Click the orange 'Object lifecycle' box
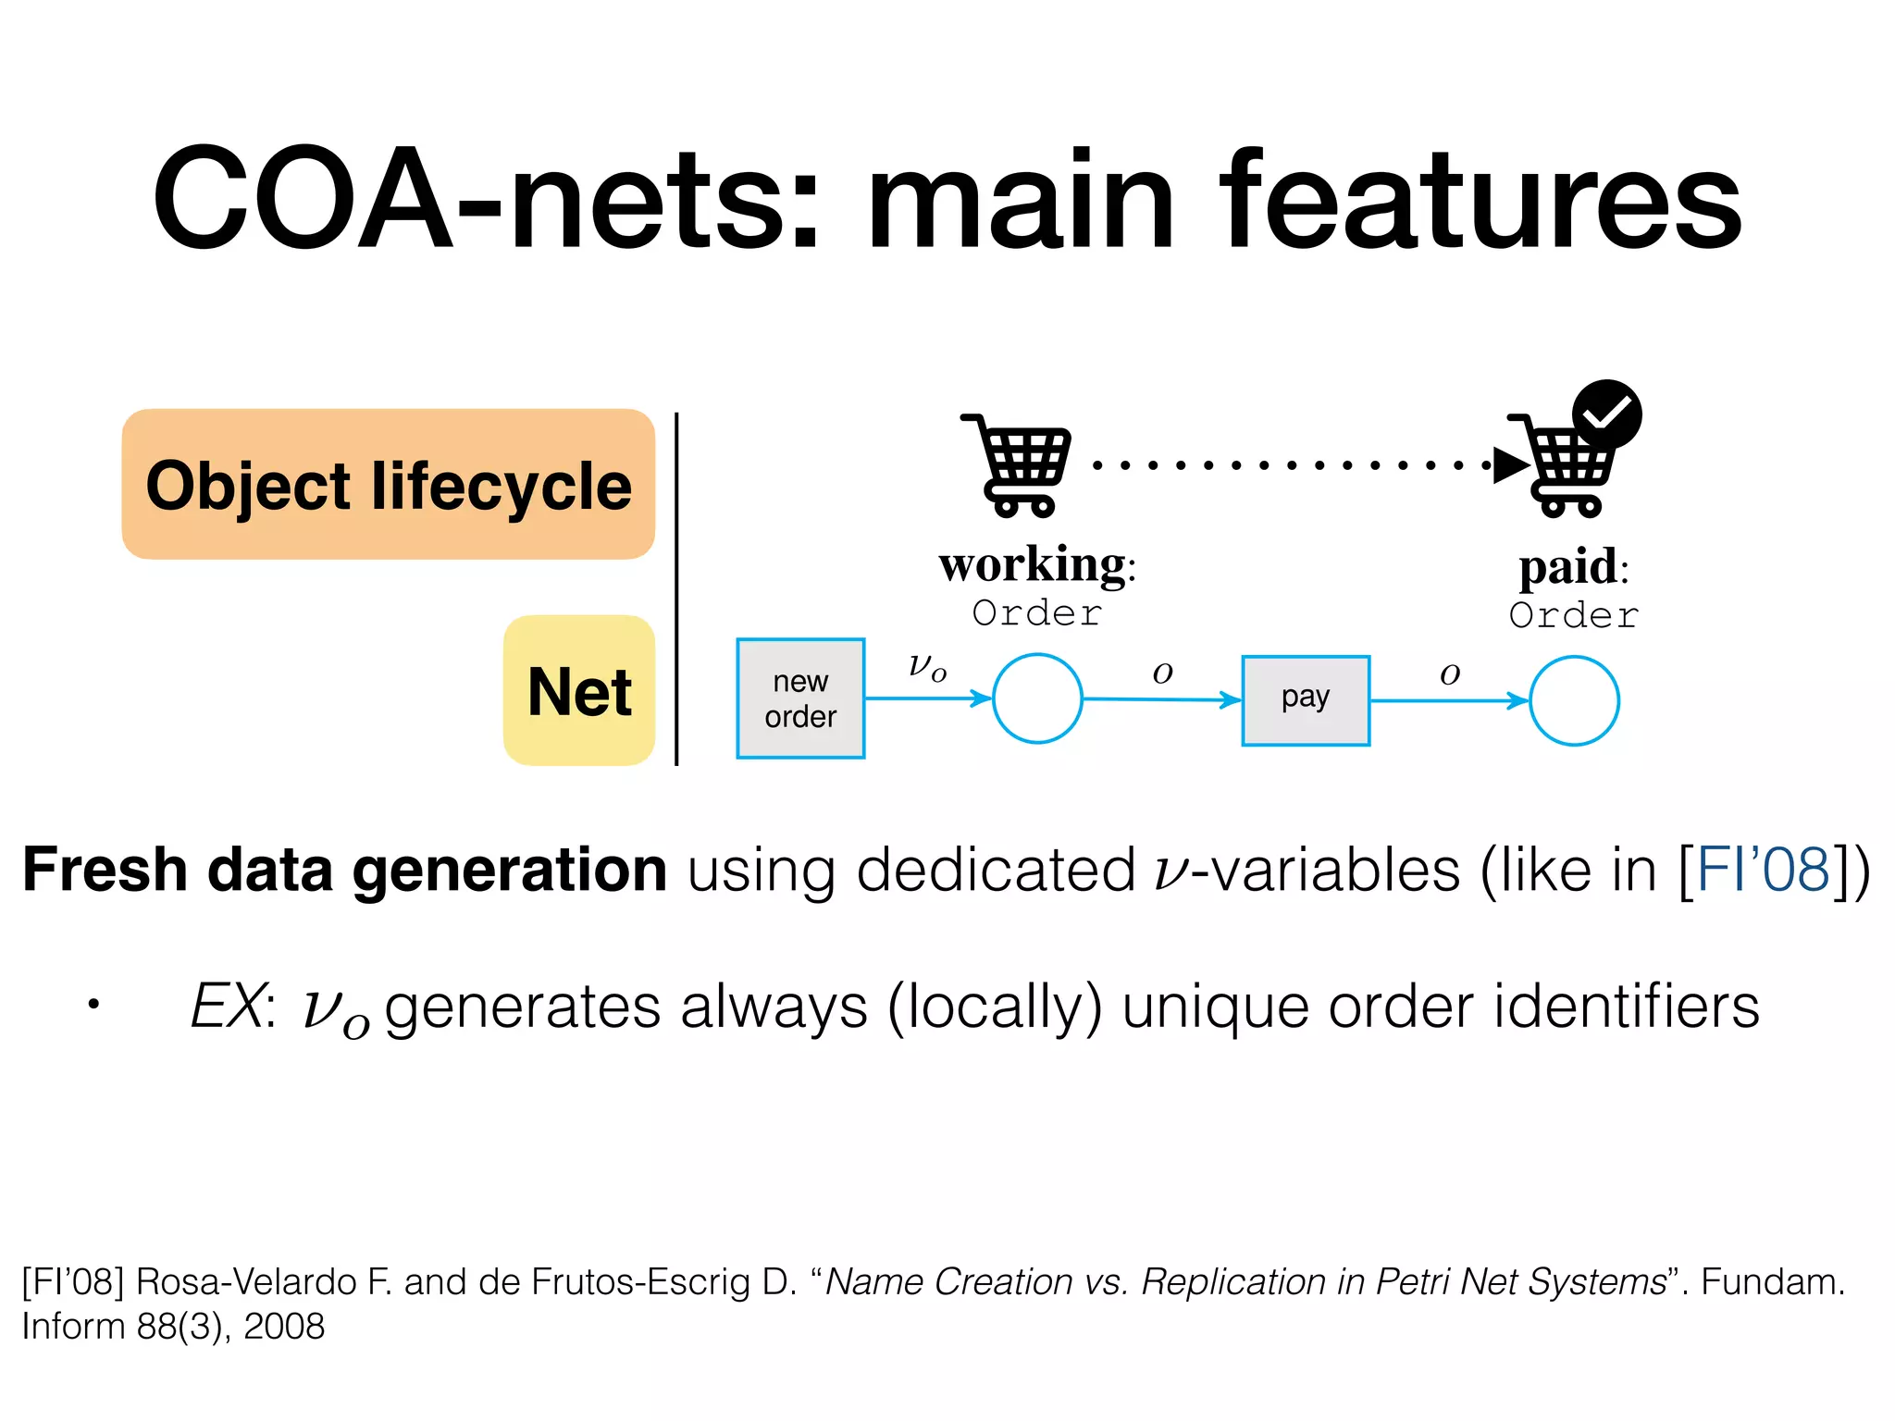click(x=388, y=484)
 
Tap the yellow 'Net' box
click(x=579, y=690)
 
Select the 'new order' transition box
click(x=800, y=698)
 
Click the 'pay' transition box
click(x=1305, y=700)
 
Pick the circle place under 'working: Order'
click(x=1037, y=698)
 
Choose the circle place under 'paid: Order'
click(x=1573, y=700)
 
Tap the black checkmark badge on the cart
click(x=1607, y=414)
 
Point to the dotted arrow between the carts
click(x=1295, y=464)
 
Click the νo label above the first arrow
click(x=927, y=666)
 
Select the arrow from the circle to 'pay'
click(x=1161, y=700)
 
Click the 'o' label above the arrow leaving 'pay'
click(x=1450, y=673)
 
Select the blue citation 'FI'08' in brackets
click(x=1763, y=870)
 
